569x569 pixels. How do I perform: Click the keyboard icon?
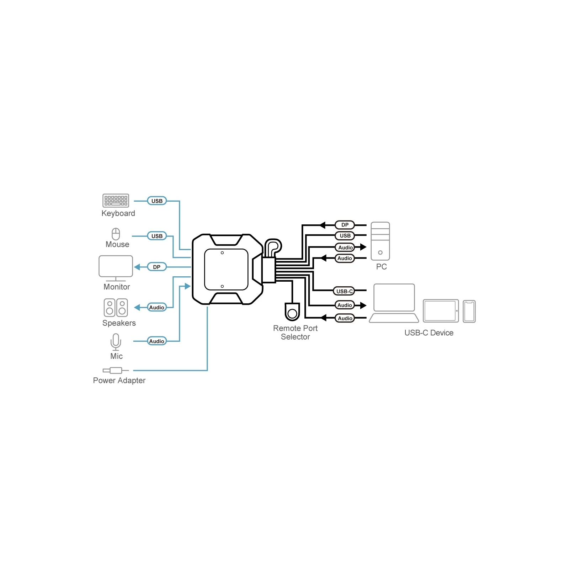tap(116, 201)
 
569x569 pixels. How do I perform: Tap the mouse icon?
tap(116, 234)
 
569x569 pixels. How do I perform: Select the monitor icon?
tap(116, 268)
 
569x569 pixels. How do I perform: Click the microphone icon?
tap(116, 342)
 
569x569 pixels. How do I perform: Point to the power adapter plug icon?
tap(116, 370)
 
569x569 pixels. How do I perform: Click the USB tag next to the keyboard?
tap(157, 201)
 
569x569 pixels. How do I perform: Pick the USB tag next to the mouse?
tap(157, 236)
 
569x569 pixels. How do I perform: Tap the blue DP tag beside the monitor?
tap(157, 267)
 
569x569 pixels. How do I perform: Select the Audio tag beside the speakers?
tap(157, 307)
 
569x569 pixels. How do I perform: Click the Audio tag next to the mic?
tap(157, 341)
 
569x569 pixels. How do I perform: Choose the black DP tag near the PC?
tap(345, 225)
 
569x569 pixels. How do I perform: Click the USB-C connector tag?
tap(344, 291)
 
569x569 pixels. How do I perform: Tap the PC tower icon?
tap(380, 241)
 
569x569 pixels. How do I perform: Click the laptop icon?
tap(394, 303)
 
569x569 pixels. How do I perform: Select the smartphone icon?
tap(469, 312)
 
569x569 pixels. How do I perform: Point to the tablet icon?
tap(441, 311)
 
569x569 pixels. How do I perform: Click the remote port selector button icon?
tap(292, 312)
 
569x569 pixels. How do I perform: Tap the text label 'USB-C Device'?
tap(429, 333)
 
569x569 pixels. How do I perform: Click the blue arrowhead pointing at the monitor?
tap(137, 267)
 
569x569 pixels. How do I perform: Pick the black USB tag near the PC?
tap(345, 235)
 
